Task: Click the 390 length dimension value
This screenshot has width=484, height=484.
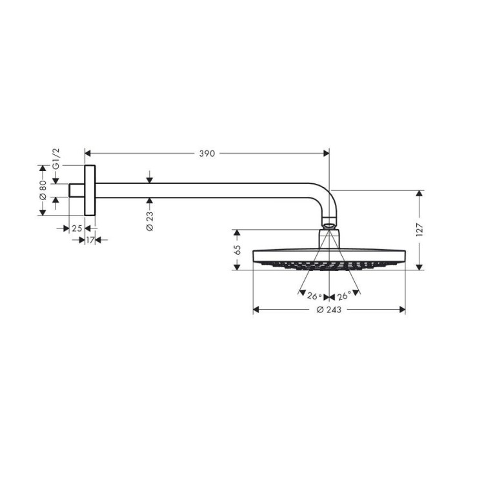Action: [x=207, y=154]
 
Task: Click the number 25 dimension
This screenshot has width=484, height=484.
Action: [x=76, y=228]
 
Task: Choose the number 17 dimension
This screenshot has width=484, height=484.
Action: [x=90, y=240]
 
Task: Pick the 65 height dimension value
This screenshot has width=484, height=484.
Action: [x=237, y=249]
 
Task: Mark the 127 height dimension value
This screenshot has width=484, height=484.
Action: [x=419, y=229]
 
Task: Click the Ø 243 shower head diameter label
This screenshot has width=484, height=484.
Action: [x=329, y=310]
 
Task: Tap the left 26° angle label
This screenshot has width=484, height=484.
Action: [x=314, y=296]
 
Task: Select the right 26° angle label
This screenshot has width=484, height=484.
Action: [x=343, y=296]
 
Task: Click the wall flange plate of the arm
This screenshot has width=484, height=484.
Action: [x=90, y=190]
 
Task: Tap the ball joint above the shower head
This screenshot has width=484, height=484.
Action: [x=329, y=226]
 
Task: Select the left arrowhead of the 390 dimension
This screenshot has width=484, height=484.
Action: [x=89, y=154]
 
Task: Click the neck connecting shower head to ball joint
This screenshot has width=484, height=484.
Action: [x=329, y=238]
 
